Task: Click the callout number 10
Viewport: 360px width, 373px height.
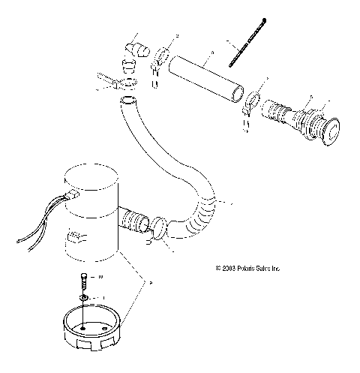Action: [x=101, y=278]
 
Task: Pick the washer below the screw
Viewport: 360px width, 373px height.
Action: [x=85, y=297]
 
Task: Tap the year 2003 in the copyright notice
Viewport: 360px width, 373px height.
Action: [x=229, y=268]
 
